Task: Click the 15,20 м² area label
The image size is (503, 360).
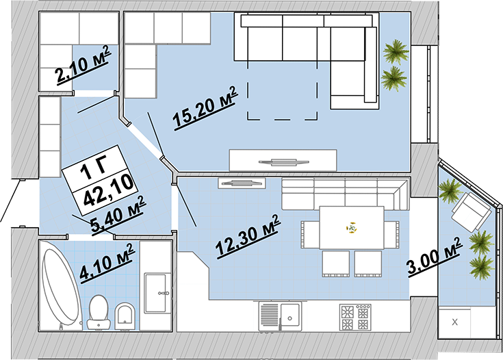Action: (205, 108)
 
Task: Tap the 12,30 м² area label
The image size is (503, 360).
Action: (248, 236)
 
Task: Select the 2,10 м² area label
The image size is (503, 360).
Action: (83, 66)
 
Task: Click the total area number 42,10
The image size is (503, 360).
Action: (108, 190)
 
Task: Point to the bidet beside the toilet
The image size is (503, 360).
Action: (125, 316)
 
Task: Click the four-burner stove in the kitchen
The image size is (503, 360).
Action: (355, 317)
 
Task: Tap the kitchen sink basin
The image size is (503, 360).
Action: (290, 316)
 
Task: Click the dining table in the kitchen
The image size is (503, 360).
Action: (352, 228)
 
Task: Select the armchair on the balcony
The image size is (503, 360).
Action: (472, 211)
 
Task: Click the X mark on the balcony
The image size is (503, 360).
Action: (454, 322)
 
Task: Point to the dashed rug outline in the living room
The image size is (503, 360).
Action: (282, 90)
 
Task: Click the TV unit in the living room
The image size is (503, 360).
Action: (283, 160)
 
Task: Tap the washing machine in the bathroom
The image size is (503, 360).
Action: (156, 293)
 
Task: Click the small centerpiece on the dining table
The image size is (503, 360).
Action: (352, 228)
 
